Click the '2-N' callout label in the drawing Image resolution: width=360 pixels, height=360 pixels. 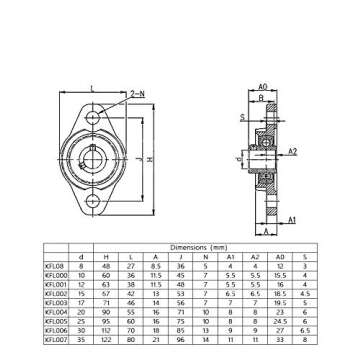pos(136,92)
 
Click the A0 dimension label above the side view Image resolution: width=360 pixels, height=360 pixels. pos(262,87)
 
